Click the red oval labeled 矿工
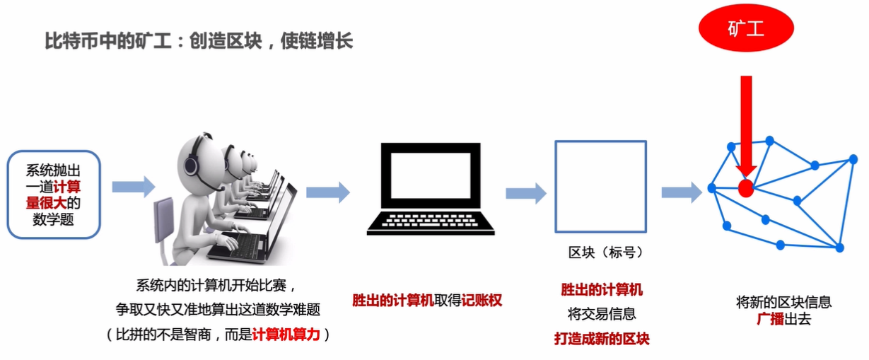746,29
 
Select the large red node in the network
745,188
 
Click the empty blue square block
600,187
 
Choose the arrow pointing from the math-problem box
133,186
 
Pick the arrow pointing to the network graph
681,192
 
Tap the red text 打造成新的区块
601,338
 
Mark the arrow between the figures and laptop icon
327,192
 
